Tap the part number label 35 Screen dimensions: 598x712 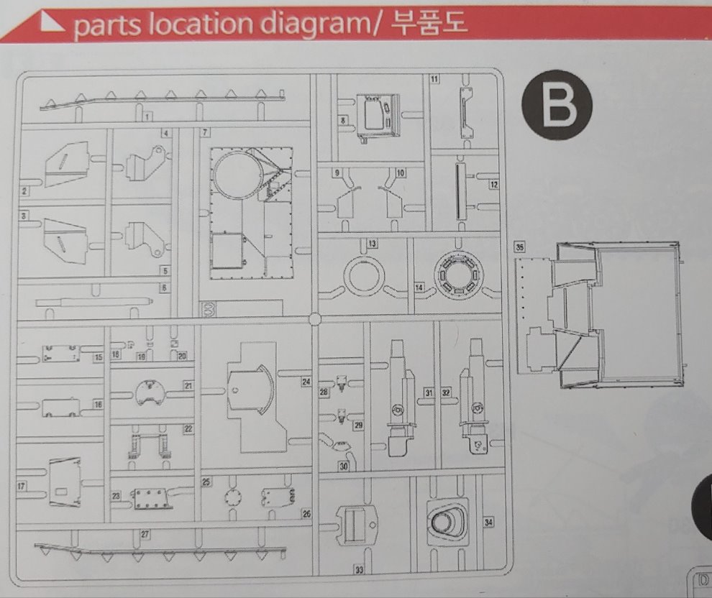(x=521, y=247)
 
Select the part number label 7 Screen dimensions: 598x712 (x=206, y=133)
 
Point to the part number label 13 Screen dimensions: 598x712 (x=373, y=244)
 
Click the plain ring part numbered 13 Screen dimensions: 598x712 (x=365, y=276)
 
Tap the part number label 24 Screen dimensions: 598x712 (x=306, y=382)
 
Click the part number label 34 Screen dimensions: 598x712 (x=489, y=522)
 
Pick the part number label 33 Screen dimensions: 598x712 (x=358, y=569)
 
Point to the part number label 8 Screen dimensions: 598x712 (x=344, y=120)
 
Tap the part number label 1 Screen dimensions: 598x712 (x=147, y=116)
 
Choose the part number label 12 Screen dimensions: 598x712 (x=493, y=185)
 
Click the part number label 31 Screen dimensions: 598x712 (x=429, y=392)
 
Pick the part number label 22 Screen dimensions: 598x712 (x=188, y=428)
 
